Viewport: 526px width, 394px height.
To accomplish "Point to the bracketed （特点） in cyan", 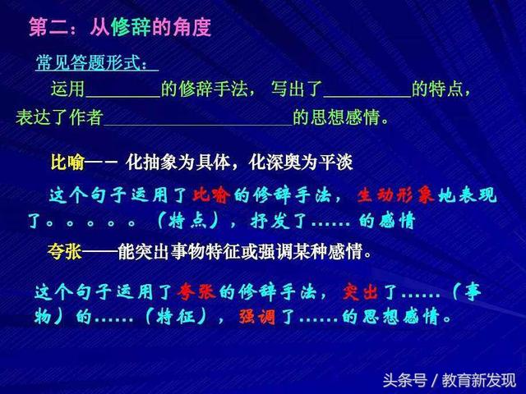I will tap(191, 222).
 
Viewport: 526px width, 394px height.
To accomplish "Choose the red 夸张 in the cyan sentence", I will tap(199, 291).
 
